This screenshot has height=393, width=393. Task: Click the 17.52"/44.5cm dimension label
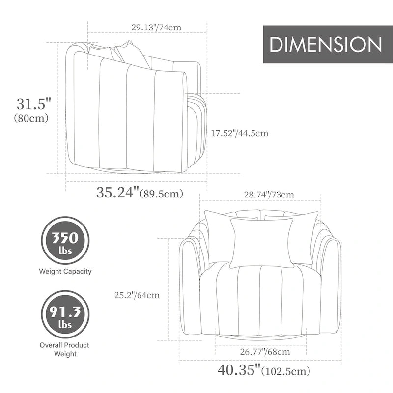click(x=240, y=133)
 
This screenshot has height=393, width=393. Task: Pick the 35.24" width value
click(x=117, y=193)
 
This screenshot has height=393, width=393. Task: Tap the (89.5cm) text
click(x=162, y=194)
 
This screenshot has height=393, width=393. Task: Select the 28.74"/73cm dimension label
click(x=269, y=195)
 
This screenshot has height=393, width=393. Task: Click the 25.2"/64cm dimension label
click(x=137, y=295)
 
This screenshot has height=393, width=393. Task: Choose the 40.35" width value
click(x=239, y=369)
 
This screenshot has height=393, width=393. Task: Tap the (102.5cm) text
click(x=286, y=371)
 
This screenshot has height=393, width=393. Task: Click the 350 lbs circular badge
click(x=65, y=241)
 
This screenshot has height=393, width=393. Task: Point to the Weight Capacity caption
click(x=65, y=271)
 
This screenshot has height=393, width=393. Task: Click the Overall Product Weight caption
click(x=65, y=349)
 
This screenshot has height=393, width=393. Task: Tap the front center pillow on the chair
click(x=261, y=242)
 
